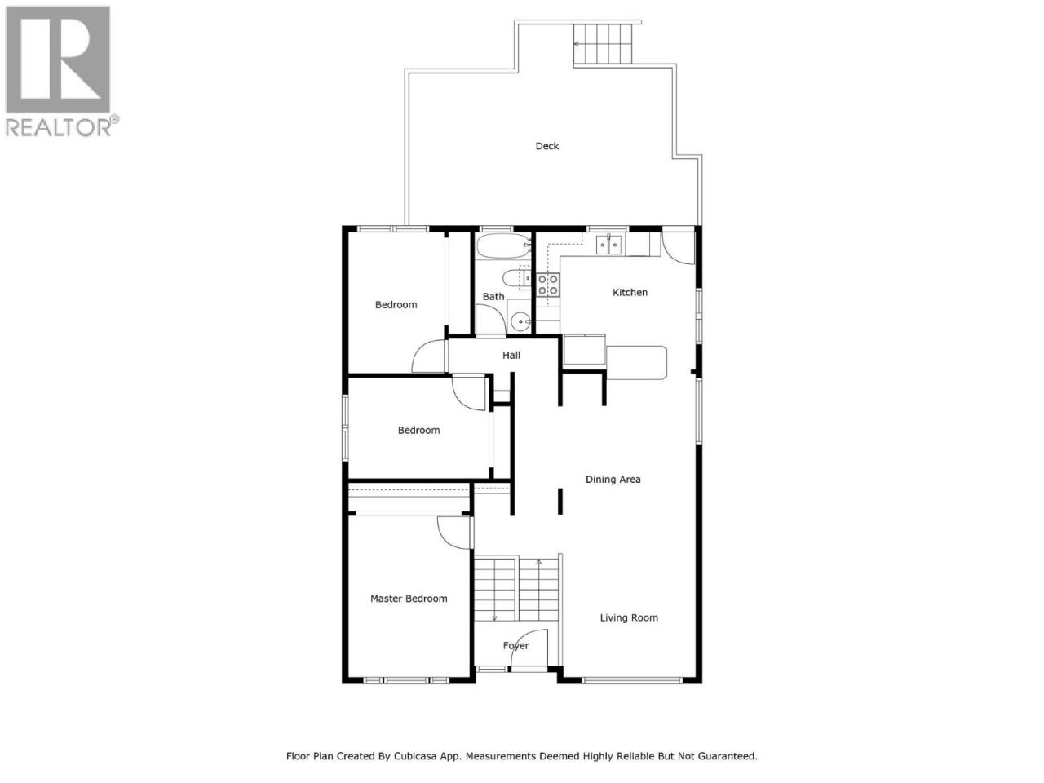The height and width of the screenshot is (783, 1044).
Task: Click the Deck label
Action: pos(547,146)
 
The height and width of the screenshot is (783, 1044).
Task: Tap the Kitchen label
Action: pos(630,292)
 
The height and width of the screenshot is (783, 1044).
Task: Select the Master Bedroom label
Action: pos(409,599)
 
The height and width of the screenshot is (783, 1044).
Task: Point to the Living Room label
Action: pos(629,617)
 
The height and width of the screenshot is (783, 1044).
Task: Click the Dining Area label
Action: pos(613,480)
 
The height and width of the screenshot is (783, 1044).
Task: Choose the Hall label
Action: pos(511,355)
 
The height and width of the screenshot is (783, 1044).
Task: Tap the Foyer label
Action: pos(515,645)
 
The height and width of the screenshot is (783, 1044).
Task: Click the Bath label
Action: pos(493,297)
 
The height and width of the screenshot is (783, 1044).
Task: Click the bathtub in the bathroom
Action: pos(504,246)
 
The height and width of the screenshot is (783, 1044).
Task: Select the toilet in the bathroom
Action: pos(516,278)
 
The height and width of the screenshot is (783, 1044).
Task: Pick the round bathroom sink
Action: pos(521,321)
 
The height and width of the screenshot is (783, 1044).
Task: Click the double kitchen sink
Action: pos(608,245)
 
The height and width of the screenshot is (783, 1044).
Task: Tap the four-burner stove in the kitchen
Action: pos(548,285)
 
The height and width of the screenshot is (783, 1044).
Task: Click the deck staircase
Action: pos(603,44)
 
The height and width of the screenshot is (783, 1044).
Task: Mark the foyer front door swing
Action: pos(529,648)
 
